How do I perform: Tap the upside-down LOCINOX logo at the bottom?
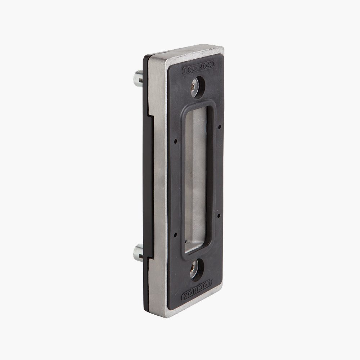tap(197, 290)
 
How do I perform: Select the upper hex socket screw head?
tap(195, 87)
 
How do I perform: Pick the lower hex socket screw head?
tap(194, 269)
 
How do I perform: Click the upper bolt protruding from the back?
tap(138, 78)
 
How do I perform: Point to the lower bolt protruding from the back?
tap(138, 253)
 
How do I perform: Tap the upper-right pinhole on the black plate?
tap(220, 126)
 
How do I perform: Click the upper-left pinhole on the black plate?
tap(176, 141)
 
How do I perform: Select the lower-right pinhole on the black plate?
tap(219, 215)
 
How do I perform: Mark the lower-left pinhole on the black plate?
tap(175, 235)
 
